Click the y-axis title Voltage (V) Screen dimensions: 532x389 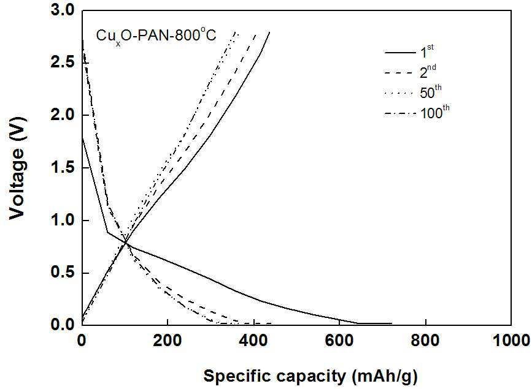pyautogui.click(x=17, y=168)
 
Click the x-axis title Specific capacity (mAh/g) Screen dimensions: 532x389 pyautogui.click(x=310, y=376)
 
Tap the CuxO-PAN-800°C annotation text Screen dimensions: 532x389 pyautogui.click(x=156, y=36)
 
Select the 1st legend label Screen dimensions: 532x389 pyautogui.click(x=427, y=51)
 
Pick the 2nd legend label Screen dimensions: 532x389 pyautogui.click(x=428, y=72)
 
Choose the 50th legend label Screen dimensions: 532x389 pyautogui.click(x=431, y=92)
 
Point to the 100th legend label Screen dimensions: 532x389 pyautogui.click(x=435, y=113)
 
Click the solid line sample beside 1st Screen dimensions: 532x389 pyautogui.click(x=400, y=53)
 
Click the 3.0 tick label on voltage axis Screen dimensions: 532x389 pyautogui.click(x=62, y=10)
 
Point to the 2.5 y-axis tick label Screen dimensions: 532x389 pyautogui.click(x=62, y=63)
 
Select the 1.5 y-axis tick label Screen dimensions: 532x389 pyautogui.click(x=62, y=168)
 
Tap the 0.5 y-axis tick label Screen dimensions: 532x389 pyautogui.click(x=62, y=273)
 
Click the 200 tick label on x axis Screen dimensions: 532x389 pyautogui.click(x=168, y=341)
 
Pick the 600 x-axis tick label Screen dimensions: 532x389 pyautogui.click(x=339, y=341)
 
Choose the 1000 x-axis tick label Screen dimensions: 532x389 pyautogui.click(x=511, y=341)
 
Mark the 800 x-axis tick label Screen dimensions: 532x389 pyautogui.click(x=425, y=341)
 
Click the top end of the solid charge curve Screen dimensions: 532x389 pyautogui.click(x=269, y=32)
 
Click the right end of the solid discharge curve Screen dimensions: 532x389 pyautogui.click(x=391, y=323)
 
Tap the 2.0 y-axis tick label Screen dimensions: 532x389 pyautogui.click(x=62, y=116)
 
